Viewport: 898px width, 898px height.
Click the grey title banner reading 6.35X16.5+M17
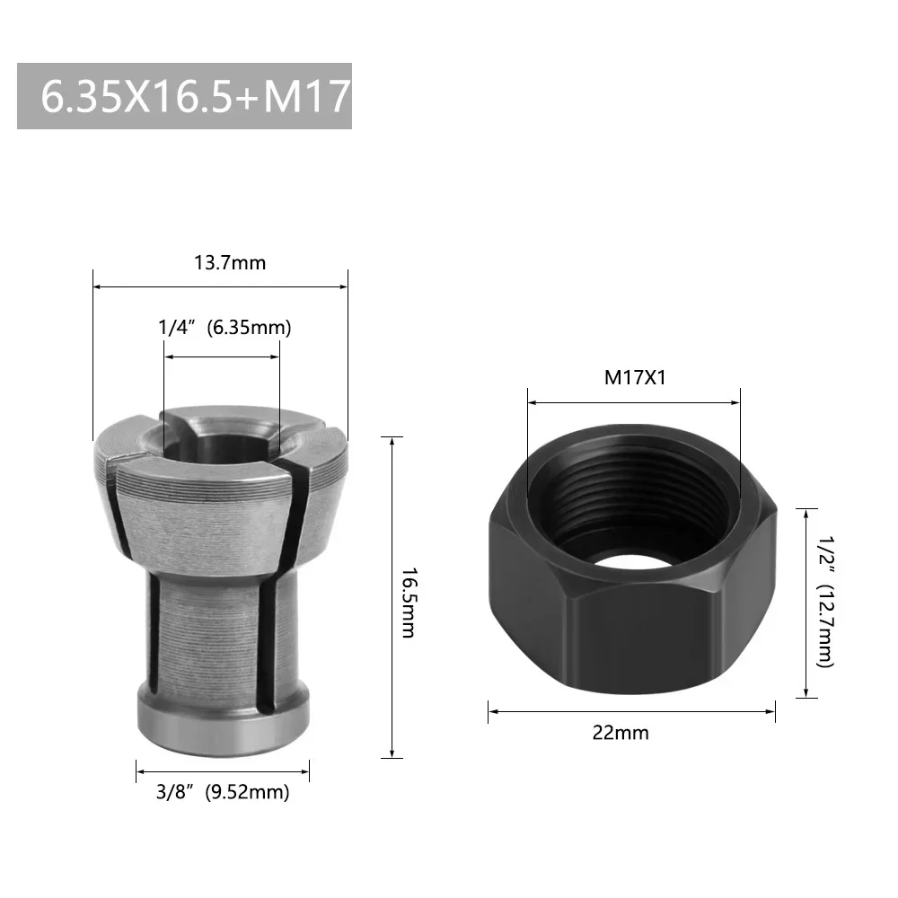click(x=184, y=96)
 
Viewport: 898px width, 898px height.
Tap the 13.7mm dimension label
click(x=231, y=263)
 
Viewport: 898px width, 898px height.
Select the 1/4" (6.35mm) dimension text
click(x=224, y=328)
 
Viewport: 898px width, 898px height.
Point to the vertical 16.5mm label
click(x=408, y=602)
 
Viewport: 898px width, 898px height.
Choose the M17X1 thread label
click(x=633, y=377)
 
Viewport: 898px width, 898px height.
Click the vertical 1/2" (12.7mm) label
click(x=825, y=602)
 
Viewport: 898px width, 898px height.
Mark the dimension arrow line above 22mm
click(x=632, y=712)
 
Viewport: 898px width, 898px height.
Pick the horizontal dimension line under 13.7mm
click(x=221, y=287)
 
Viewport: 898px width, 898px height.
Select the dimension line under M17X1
click(x=634, y=401)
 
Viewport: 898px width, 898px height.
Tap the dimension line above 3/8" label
click(x=223, y=770)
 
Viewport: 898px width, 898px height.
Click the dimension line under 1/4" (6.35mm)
click(x=222, y=357)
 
